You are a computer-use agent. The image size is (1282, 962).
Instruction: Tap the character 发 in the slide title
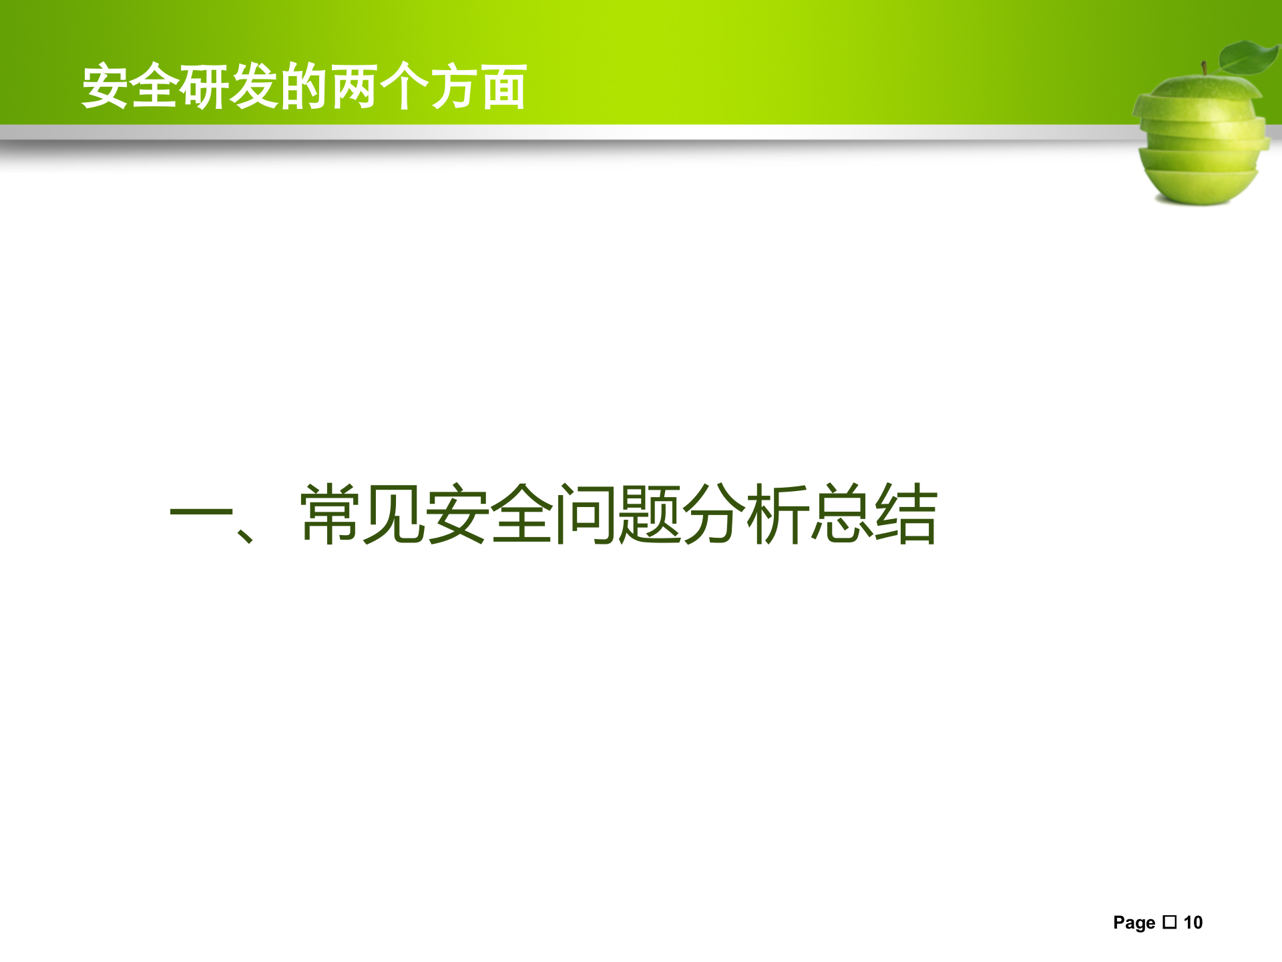(254, 87)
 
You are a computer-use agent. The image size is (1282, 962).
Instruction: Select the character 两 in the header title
(354, 87)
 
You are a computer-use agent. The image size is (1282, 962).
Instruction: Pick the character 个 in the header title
(405, 87)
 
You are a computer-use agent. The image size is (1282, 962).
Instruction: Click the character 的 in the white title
(304, 87)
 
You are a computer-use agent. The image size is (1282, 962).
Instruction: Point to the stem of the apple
(1205, 68)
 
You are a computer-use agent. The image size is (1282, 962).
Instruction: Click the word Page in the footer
(1134, 923)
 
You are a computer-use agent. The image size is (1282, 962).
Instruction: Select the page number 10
(1193, 923)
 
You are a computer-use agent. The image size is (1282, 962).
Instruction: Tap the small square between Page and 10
(1169, 922)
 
